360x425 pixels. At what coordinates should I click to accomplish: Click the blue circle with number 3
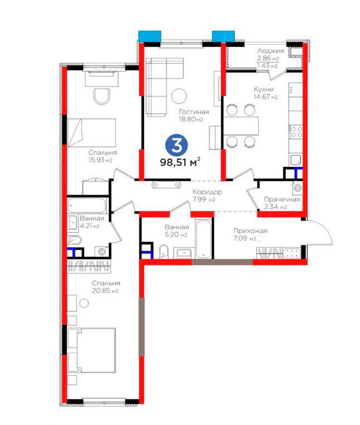(177, 145)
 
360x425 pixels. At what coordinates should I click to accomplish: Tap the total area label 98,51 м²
(180, 162)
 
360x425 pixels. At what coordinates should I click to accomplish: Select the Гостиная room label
(194, 112)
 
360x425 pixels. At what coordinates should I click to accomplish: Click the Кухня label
(263, 89)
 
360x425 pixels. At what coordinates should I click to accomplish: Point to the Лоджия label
(271, 51)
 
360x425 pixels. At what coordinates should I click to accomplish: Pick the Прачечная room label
(282, 199)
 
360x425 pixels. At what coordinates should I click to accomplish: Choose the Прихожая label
(251, 231)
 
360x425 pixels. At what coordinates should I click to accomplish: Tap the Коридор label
(207, 192)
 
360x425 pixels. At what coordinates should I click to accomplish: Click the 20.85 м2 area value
(105, 291)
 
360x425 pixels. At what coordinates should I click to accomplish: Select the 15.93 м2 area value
(100, 160)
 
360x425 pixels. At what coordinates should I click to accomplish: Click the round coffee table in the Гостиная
(179, 96)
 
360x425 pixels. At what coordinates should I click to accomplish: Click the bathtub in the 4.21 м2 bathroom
(87, 205)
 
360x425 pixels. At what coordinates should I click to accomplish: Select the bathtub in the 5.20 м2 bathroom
(203, 239)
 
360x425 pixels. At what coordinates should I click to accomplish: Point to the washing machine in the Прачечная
(297, 187)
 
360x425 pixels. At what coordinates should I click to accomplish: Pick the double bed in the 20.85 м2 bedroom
(92, 350)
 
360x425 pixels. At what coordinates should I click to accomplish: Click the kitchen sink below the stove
(296, 160)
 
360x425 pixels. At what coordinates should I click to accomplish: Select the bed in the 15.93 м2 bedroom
(92, 133)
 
